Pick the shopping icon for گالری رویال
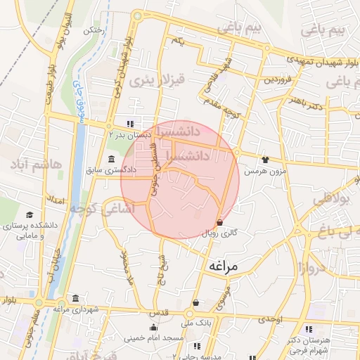[221, 222]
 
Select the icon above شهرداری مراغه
[75, 298]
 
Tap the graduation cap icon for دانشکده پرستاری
[30, 214]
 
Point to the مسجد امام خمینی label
[154, 337]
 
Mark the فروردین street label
[278, 79]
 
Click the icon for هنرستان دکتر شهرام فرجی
[309, 329]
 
